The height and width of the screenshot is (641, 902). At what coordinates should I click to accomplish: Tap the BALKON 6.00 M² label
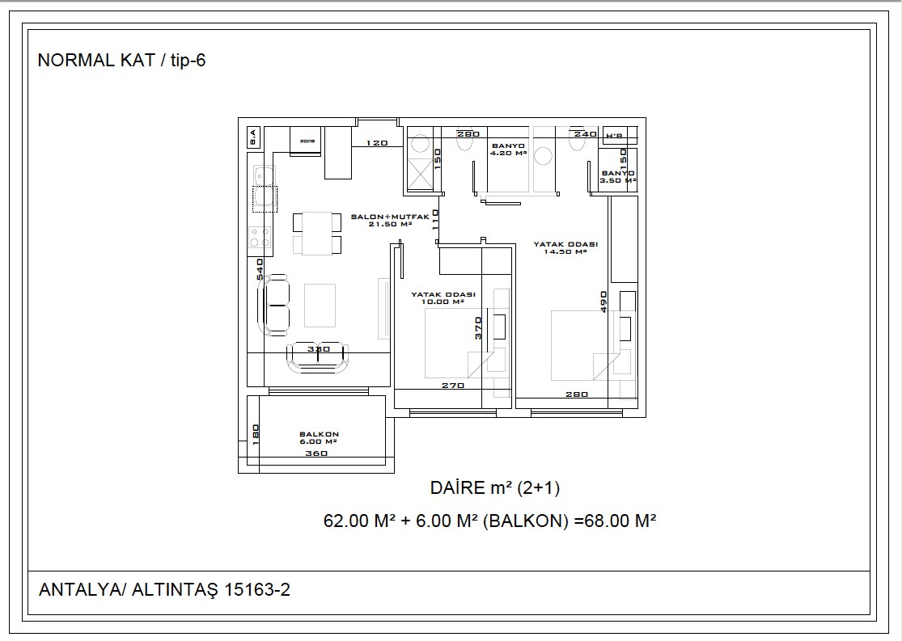(318, 438)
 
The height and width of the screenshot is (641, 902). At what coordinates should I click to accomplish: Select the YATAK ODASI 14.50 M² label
(565, 247)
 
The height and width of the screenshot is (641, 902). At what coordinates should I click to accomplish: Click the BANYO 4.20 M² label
(508, 149)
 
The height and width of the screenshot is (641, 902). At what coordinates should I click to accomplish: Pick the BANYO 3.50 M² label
(618, 177)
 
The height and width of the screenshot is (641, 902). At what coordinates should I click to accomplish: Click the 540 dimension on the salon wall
(260, 271)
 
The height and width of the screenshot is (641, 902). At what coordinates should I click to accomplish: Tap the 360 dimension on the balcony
(317, 453)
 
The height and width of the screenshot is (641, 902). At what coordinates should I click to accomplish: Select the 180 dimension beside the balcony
(254, 434)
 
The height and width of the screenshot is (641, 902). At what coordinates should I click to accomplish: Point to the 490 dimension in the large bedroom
(603, 301)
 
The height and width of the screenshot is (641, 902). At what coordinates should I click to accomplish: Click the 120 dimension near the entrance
(377, 143)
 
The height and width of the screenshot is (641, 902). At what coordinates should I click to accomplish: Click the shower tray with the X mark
(421, 173)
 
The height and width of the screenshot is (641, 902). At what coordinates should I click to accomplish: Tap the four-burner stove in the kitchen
(260, 238)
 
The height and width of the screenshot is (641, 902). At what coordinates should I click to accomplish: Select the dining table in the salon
(317, 233)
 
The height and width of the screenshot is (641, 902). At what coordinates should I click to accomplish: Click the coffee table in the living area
(320, 305)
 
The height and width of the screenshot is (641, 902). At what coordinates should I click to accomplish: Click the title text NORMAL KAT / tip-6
(122, 61)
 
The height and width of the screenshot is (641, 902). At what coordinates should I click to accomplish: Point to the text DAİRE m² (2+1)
(495, 487)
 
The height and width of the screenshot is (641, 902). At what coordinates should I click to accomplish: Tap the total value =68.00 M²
(614, 521)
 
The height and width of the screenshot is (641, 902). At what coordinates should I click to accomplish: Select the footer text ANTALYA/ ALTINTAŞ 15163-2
(164, 590)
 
